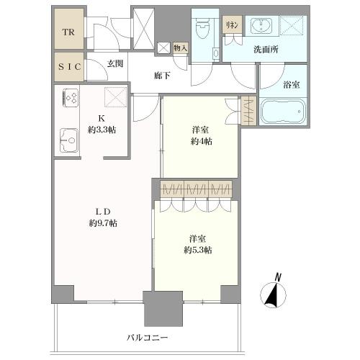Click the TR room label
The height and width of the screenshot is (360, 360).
[69, 32]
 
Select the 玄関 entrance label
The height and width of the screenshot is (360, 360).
[116, 64]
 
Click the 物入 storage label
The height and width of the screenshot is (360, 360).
[180, 48]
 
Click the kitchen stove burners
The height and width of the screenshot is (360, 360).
[71, 98]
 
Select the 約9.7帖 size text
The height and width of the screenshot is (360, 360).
[103, 223]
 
